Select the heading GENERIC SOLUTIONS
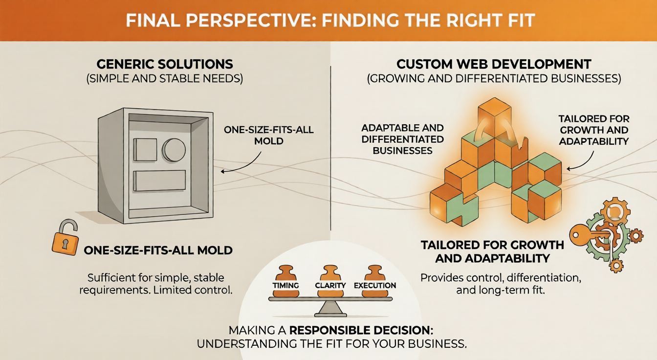pos(164,64)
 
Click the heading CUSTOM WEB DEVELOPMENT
pos(494,64)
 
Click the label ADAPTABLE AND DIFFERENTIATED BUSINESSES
pos(402,139)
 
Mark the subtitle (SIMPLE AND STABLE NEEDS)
pos(164,79)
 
